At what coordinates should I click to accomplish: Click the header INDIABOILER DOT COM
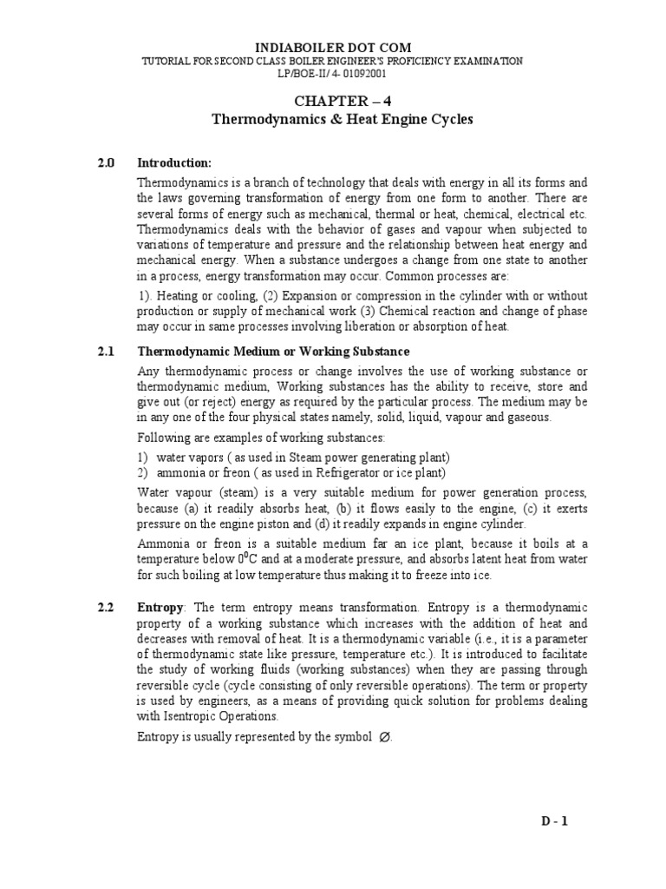coord(332,46)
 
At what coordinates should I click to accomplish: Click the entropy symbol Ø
coord(386,738)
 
